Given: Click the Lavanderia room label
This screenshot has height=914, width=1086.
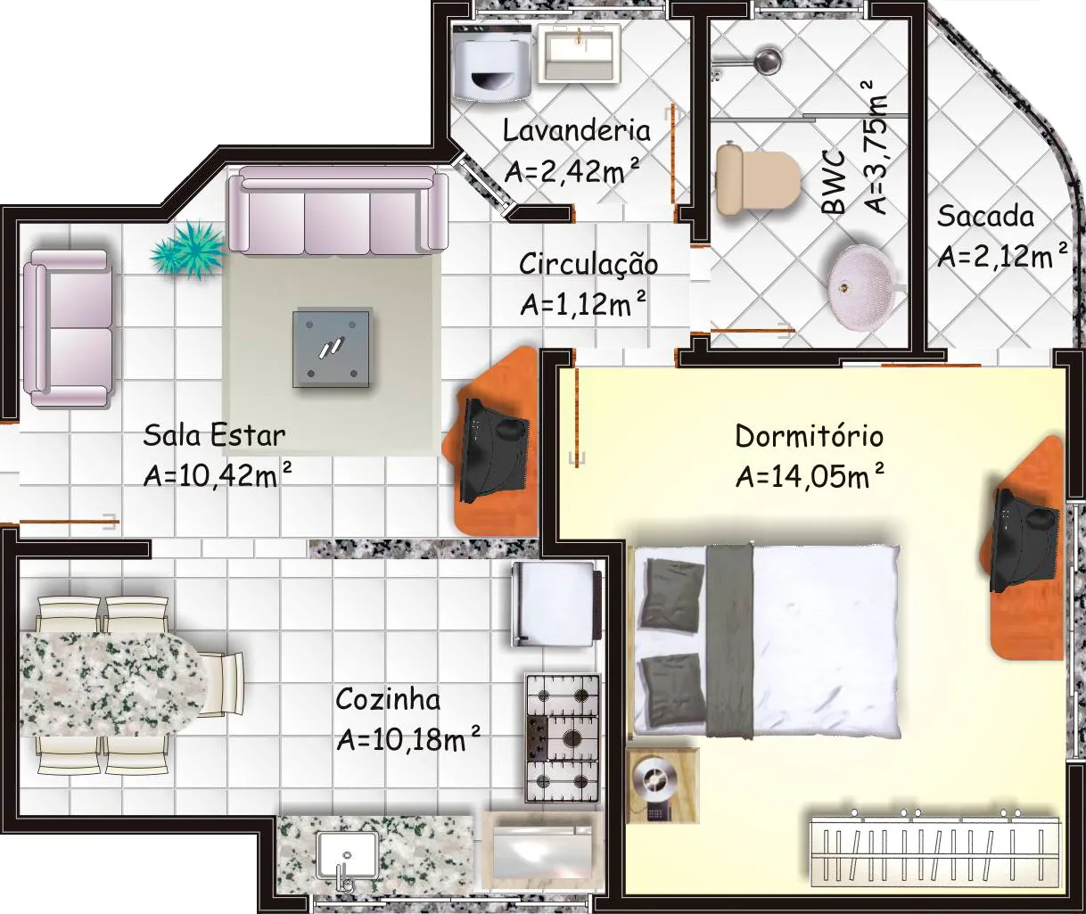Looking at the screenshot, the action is (576, 130).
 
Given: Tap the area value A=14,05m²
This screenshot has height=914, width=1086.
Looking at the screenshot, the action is (810, 476).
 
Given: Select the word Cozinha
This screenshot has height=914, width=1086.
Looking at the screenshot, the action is (388, 700).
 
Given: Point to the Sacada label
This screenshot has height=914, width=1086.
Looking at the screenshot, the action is (985, 217).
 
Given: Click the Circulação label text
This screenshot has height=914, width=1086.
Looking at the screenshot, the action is (588, 264).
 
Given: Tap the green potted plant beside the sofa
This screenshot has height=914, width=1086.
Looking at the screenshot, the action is (188, 250).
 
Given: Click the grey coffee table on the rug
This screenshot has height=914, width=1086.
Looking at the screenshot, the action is (332, 349).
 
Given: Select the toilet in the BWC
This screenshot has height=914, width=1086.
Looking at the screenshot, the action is (758, 179).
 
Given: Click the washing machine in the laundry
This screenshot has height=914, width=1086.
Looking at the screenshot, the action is (492, 62).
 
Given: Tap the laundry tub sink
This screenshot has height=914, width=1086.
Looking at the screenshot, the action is (579, 54).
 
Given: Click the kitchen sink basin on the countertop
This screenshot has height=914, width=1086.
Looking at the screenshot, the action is (346, 856).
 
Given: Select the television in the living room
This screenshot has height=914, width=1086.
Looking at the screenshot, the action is (494, 450).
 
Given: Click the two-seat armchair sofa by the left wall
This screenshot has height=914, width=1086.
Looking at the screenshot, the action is (68, 328).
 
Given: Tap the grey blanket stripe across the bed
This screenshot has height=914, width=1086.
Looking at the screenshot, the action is (729, 640).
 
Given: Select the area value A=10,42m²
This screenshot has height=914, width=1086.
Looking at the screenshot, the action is (218, 475).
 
